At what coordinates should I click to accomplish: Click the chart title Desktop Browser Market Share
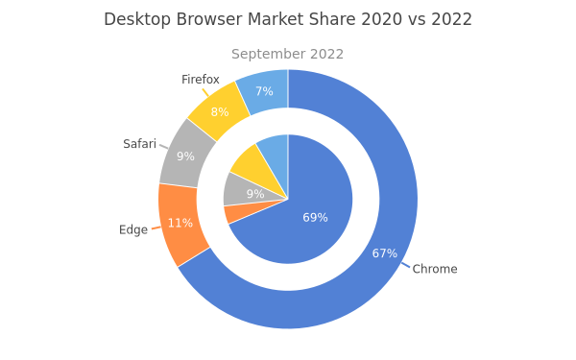click(229, 19)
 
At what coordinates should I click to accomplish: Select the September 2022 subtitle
click(287, 54)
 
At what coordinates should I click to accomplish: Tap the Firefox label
click(201, 80)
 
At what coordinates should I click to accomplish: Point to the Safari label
click(139, 144)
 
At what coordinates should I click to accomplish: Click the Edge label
click(133, 230)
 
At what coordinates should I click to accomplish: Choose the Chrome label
click(435, 269)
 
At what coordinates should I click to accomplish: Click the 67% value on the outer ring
click(385, 253)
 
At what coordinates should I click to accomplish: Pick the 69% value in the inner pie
click(315, 218)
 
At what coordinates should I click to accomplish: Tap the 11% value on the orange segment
click(180, 223)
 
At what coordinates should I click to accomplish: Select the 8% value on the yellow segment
click(220, 111)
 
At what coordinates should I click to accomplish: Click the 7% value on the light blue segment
click(264, 91)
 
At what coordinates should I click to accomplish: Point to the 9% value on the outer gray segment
click(185, 156)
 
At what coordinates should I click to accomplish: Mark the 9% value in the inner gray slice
click(255, 194)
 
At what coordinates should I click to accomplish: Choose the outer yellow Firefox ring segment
click(220, 110)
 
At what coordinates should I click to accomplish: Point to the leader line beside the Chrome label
click(405, 265)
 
